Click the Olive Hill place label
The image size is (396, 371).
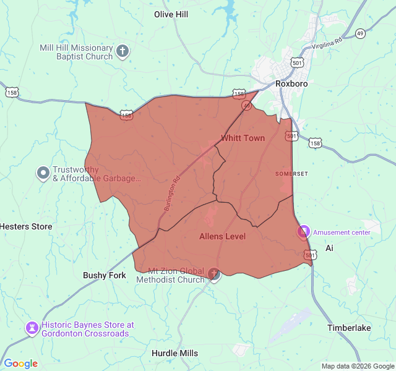coord(171,14)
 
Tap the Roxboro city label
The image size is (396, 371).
coord(292,83)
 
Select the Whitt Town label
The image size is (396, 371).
coord(243,138)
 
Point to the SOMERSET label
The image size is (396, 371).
coord(291,174)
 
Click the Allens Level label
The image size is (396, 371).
coord(222,236)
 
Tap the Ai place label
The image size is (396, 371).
coord(329,248)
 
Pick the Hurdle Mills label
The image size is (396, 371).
coord(175,353)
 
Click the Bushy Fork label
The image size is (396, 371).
coord(105,275)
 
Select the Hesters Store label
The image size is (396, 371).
coord(26,226)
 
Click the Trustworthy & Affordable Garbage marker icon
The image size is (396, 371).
coord(43,173)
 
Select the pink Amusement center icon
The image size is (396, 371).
coord(303,232)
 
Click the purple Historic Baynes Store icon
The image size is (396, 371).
coord(32,328)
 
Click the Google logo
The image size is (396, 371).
coord(20,364)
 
